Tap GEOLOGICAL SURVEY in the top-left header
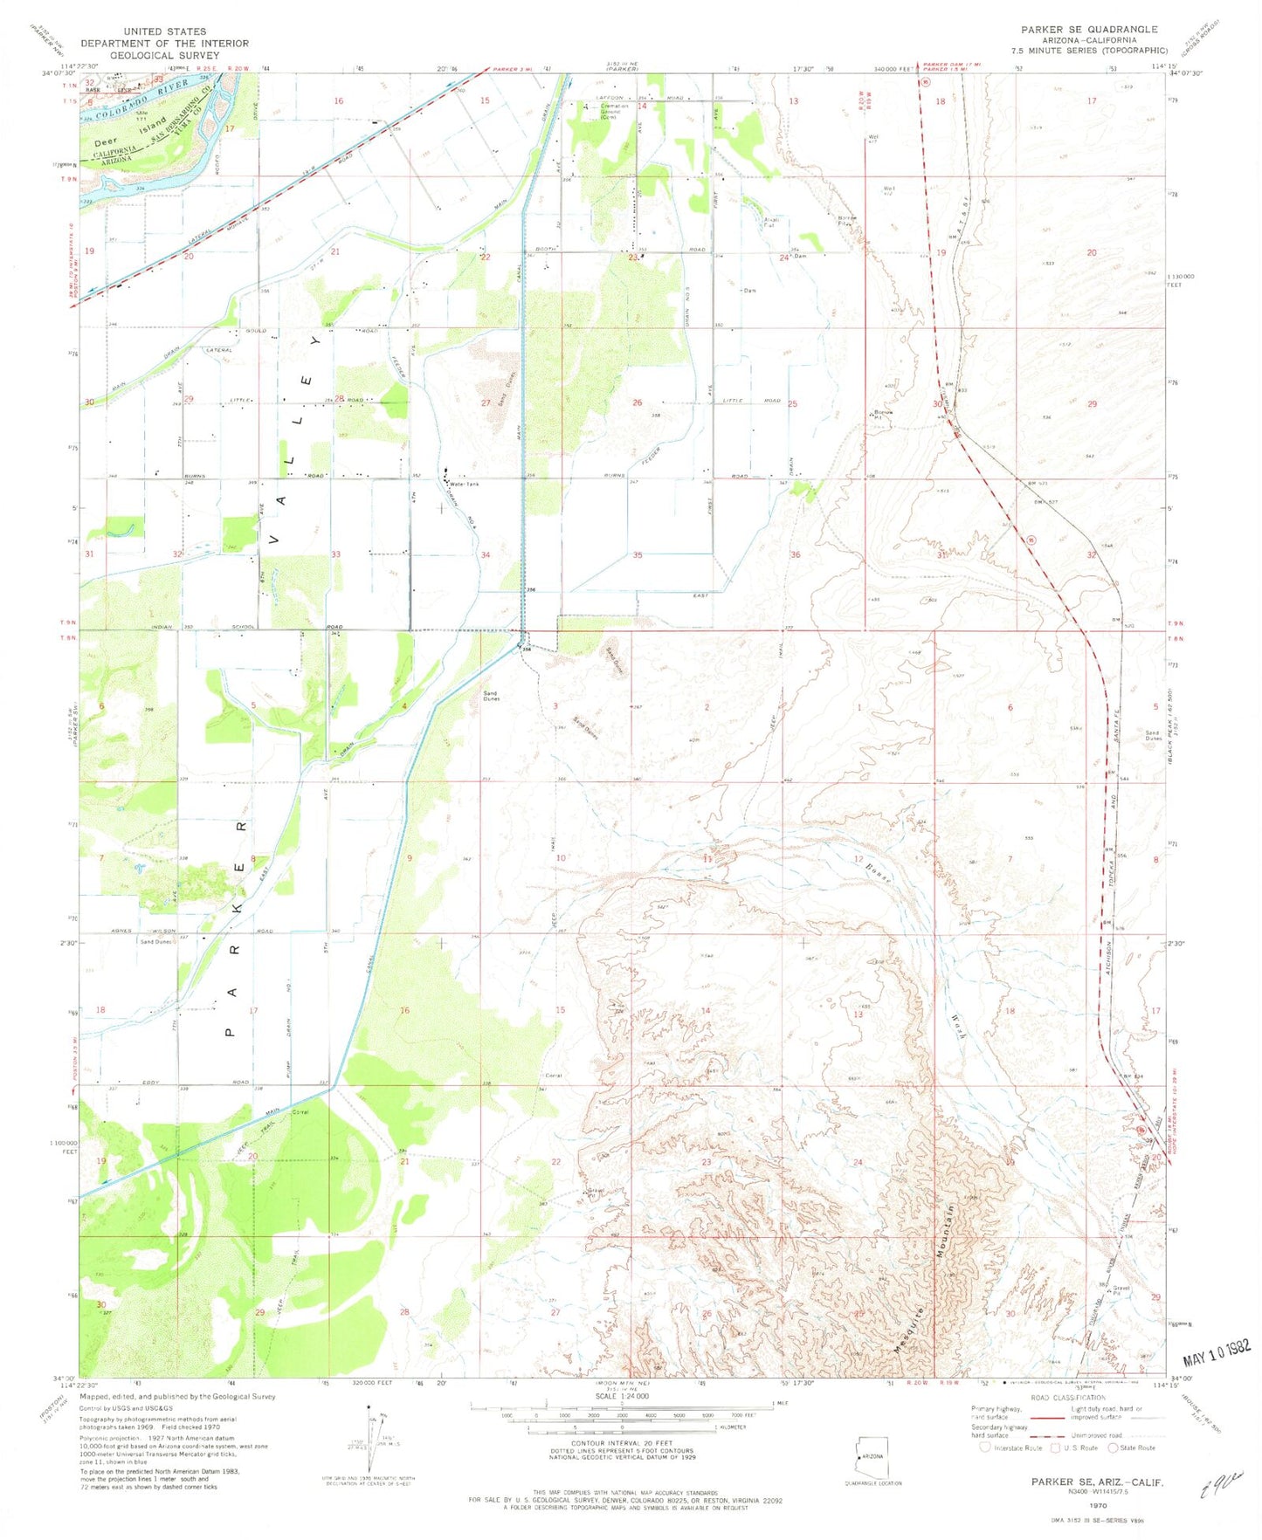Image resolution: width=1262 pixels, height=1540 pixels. pos(165,54)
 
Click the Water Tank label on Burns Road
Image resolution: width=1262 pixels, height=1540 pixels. pos(464,484)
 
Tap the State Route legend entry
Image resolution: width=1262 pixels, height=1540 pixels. pos(1132,1447)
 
